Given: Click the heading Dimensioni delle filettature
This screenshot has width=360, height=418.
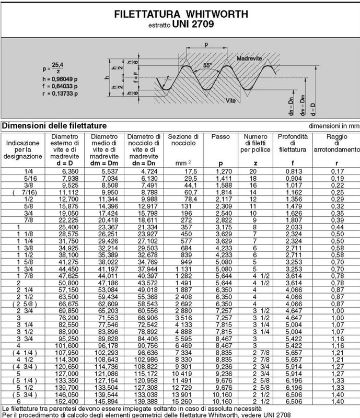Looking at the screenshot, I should pyautogui.click(x=55, y=126).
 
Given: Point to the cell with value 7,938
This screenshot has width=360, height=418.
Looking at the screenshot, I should pyautogui.click(x=65, y=178).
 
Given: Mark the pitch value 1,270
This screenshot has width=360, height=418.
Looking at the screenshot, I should pyautogui.click(x=219, y=170).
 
